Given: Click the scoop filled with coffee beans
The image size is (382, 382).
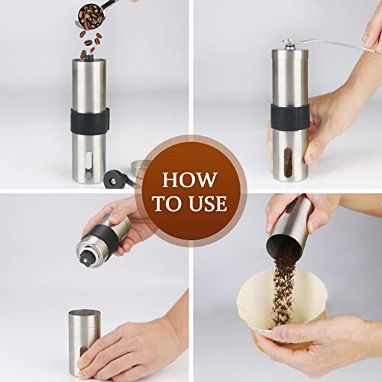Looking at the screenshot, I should point(94,15).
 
